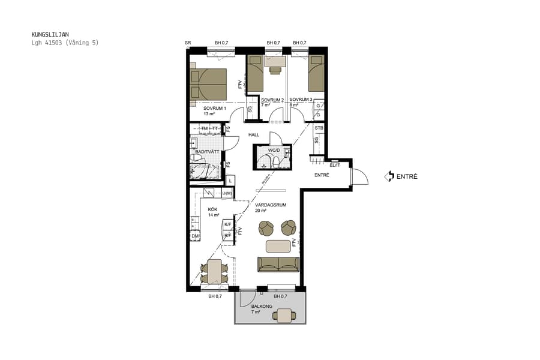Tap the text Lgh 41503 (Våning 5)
65,43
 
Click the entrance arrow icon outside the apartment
389,176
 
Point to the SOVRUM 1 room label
214,108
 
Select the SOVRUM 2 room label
272,100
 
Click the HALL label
254,135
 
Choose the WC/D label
274,150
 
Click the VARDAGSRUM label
270,205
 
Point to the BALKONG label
262,307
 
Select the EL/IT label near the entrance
335,165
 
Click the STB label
319,128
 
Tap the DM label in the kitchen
195,237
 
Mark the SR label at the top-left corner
188,43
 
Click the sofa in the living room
278,264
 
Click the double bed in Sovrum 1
208,84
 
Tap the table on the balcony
285,315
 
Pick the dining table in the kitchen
214,271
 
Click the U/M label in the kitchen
226,193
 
